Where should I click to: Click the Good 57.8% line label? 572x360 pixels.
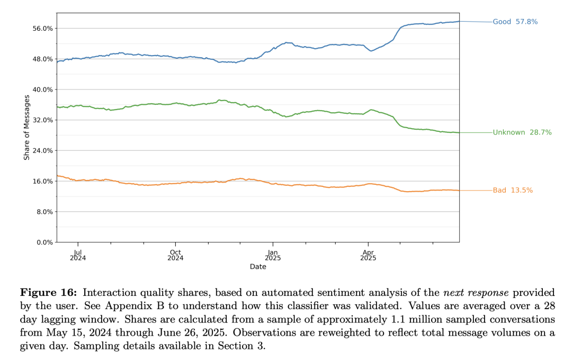515,22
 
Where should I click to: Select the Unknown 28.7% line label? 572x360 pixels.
522,132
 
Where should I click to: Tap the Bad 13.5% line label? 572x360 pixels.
513,191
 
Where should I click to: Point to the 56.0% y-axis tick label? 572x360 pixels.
43,29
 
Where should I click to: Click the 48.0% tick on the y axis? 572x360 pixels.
43,59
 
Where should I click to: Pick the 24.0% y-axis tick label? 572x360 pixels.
43,151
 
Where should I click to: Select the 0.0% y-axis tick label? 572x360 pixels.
44,242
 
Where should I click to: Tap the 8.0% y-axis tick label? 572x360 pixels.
44,212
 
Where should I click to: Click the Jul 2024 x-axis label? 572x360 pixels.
78,255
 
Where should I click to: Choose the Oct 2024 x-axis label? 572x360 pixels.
175,255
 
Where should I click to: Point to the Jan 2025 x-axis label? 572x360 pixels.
273,255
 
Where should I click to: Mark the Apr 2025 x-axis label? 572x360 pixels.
368,255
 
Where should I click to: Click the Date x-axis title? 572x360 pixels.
258,267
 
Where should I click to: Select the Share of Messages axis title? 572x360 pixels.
26,127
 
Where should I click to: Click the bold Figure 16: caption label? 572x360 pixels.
49,293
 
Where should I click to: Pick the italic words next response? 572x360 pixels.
476,293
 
